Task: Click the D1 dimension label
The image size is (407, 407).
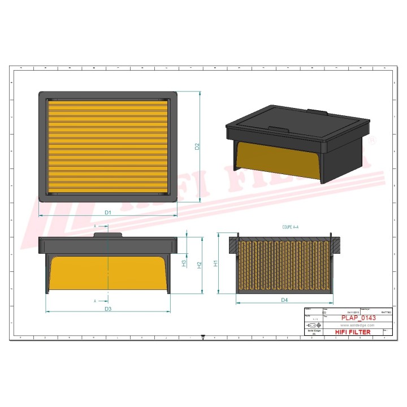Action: tap(107, 212)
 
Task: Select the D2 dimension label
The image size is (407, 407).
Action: tap(197, 146)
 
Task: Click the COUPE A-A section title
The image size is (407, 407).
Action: tap(290, 226)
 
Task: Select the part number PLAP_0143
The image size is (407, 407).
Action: tap(358, 318)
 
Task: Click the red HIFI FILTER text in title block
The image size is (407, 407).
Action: tap(353, 332)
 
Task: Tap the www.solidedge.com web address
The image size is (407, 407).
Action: tap(357, 326)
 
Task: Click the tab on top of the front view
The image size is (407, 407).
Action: tap(107, 234)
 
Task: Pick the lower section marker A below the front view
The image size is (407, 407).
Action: tap(94, 301)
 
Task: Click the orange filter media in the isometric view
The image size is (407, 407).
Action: tap(277, 162)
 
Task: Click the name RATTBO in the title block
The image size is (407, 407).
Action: tap(386, 312)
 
